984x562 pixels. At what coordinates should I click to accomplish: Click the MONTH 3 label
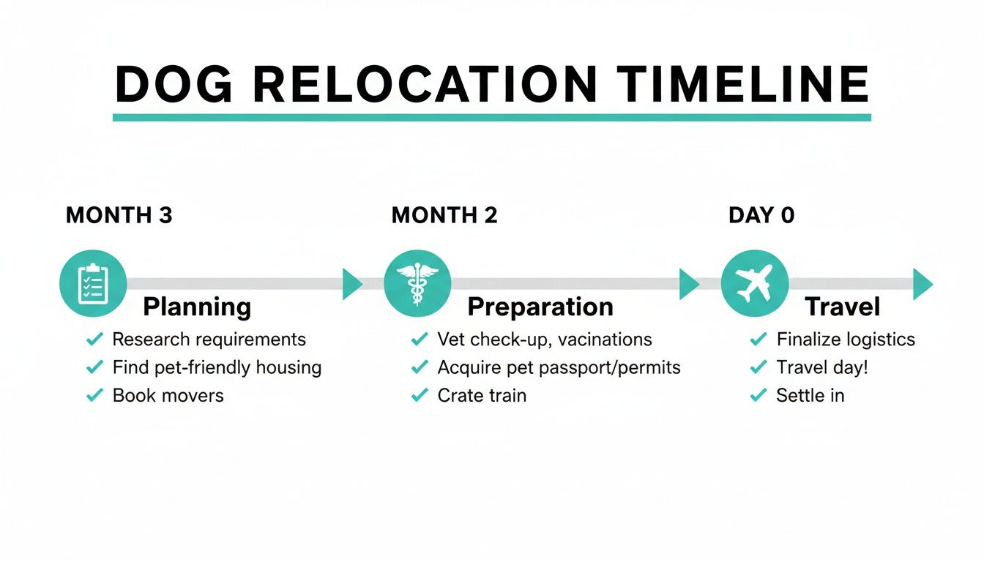pyautogui.click(x=119, y=215)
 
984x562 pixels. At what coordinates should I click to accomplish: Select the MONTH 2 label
pyautogui.click(x=444, y=215)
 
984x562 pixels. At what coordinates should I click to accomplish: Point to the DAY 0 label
pyautogui.click(x=761, y=215)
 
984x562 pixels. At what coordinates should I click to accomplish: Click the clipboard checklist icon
pyautogui.click(x=93, y=284)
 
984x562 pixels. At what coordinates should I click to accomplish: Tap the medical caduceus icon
pyautogui.click(x=417, y=284)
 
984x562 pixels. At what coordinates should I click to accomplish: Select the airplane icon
pyautogui.click(x=754, y=284)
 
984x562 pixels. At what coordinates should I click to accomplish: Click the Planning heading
pyautogui.click(x=197, y=307)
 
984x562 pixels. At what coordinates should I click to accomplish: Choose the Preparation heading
pyautogui.click(x=540, y=307)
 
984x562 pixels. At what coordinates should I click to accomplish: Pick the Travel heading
pyautogui.click(x=842, y=307)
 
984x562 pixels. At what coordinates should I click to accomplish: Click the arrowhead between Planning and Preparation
pyautogui.click(x=352, y=284)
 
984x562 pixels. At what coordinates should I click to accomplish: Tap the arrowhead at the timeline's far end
pyautogui.click(x=922, y=284)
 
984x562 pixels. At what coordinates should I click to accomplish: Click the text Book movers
pyautogui.click(x=168, y=396)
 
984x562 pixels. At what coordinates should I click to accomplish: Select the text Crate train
pyautogui.click(x=482, y=396)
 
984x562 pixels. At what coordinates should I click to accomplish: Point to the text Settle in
pyautogui.click(x=810, y=396)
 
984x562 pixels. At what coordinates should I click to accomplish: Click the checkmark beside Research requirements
pyautogui.click(x=94, y=340)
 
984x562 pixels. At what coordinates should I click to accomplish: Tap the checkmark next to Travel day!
pyautogui.click(x=758, y=367)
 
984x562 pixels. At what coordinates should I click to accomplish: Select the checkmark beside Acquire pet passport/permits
pyautogui.click(x=420, y=367)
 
